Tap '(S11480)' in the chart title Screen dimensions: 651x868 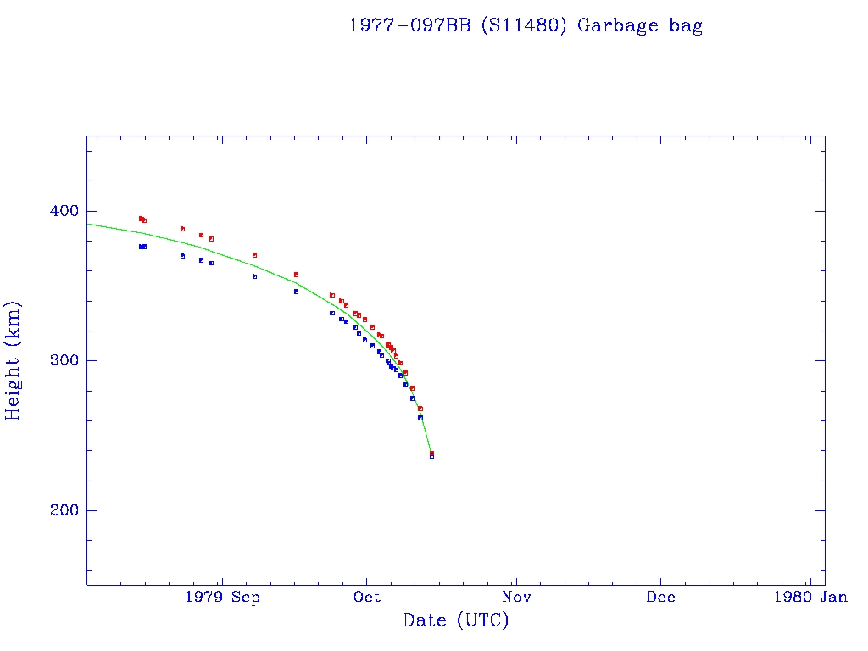click(x=524, y=25)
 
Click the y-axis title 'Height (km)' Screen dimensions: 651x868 click(x=14, y=360)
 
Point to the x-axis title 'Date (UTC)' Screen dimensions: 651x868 click(x=456, y=620)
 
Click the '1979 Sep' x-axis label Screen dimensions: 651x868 click(x=221, y=598)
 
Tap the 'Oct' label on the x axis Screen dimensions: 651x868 click(x=367, y=598)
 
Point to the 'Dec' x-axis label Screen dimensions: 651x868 click(x=660, y=598)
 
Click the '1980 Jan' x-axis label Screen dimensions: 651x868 click(x=810, y=598)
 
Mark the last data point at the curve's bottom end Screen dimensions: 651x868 click(x=431, y=454)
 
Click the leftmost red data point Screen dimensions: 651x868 click(x=141, y=219)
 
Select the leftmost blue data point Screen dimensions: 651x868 click(x=141, y=247)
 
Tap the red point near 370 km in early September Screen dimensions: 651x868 click(x=254, y=255)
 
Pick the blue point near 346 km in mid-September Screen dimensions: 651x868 click(x=296, y=292)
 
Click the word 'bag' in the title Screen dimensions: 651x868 click(x=686, y=25)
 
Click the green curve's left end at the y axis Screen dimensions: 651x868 click(x=88, y=224)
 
